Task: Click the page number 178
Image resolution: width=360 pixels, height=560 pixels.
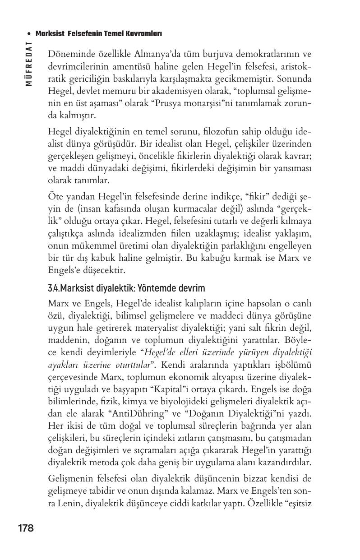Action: pos(26,528)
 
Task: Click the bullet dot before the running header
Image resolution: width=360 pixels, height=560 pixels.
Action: pos(29,34)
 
